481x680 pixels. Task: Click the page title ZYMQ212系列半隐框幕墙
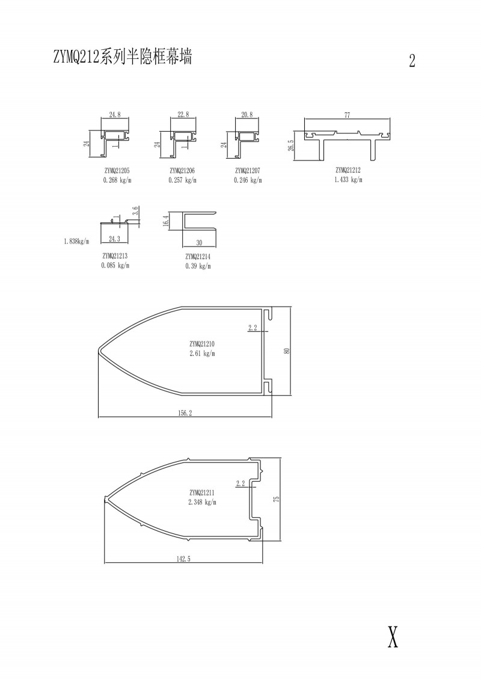[122, 57]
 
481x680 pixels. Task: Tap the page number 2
[412, 60]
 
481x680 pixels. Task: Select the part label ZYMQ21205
[117, 171]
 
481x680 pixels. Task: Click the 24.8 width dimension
[115, 115]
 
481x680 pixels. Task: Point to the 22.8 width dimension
[183, 114]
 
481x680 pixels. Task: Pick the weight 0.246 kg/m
[248, 180]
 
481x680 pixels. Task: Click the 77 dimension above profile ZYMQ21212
[347, 115]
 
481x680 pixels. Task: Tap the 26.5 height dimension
[290, 145]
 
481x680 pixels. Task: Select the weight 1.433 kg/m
[348, 180]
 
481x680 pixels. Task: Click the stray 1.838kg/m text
[76, 242]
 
